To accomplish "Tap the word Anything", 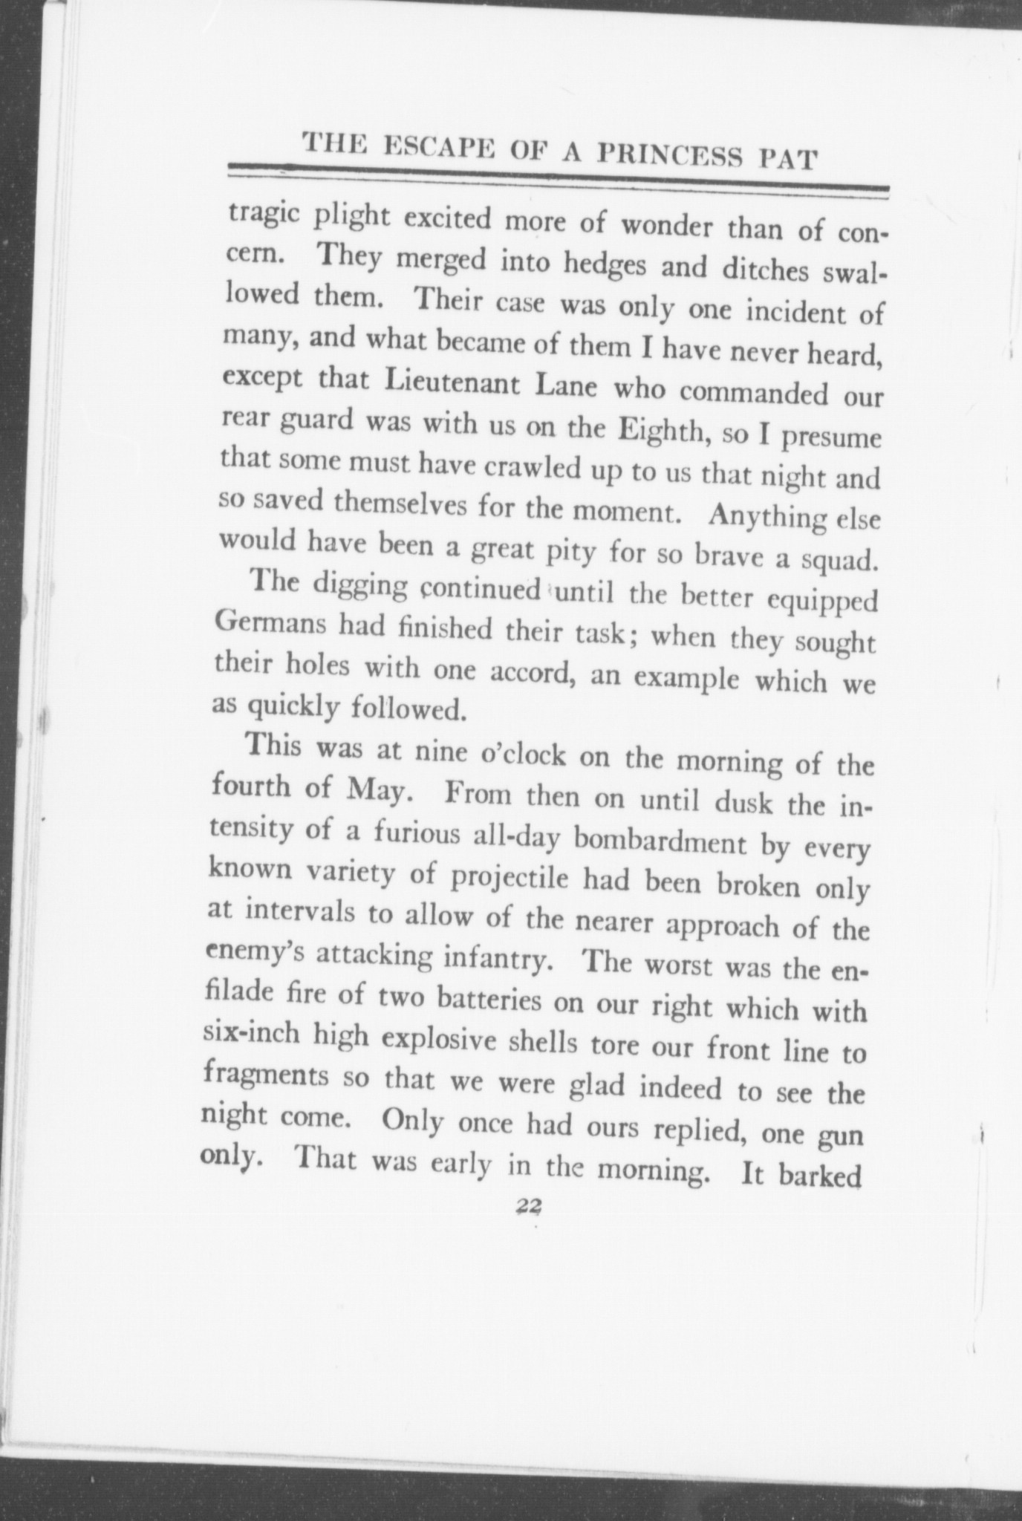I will (763, 514).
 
